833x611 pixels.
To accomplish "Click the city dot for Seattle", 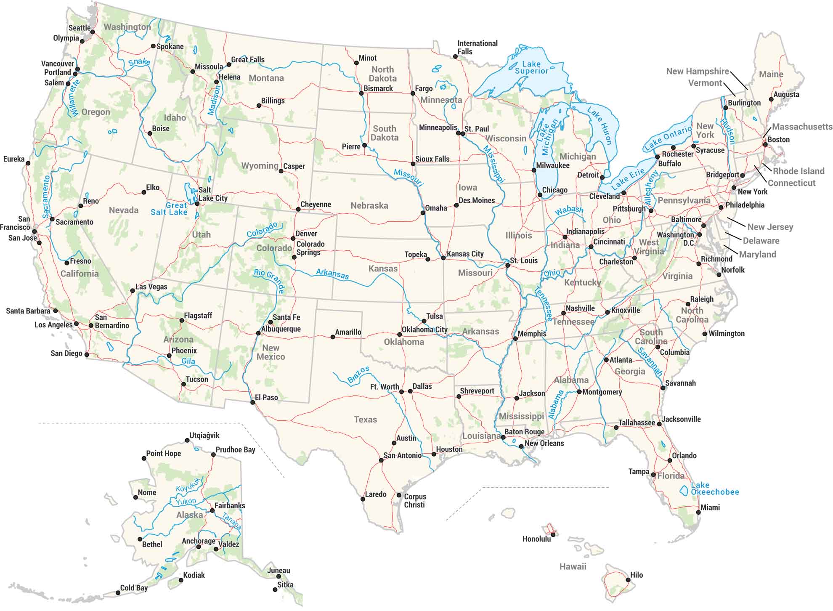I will tap(93, 32).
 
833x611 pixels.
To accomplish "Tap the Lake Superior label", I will tap(531, 67).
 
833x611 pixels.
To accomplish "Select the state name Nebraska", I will tap(369, 206).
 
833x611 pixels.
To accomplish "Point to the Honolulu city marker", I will tap(553, 534).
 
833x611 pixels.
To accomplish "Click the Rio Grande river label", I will tap(269, 281).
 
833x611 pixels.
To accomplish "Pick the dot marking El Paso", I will tap(253, 402).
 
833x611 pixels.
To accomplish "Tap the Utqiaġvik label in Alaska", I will tap(204, 436).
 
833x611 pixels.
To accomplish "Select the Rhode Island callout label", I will tap(798, 171).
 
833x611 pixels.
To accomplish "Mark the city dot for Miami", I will tap(698, 512).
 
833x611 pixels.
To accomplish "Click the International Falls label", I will tap(477, 47).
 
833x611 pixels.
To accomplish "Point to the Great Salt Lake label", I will tap(169, 209).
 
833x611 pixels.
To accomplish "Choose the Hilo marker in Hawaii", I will tap(628, 580).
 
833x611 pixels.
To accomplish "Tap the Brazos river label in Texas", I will tap(358, 375).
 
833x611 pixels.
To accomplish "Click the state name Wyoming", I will tap(260, 166).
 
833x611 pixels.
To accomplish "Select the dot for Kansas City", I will tap(443, 258).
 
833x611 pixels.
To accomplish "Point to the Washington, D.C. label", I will tap(676, 239).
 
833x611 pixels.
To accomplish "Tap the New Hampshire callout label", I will tap(697, 71).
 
